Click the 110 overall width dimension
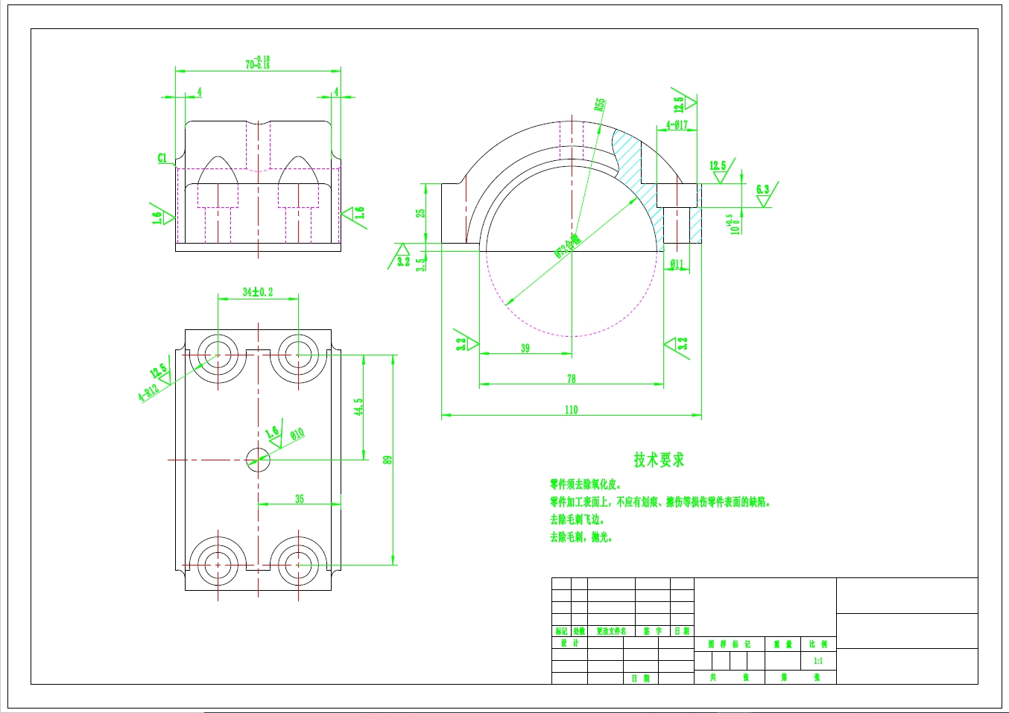571,409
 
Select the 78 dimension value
571,378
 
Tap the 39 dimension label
525,348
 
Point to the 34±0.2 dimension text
258,291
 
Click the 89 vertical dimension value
388,460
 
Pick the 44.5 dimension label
358,407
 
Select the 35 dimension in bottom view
299,498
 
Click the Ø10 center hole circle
258,460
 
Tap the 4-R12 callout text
148,391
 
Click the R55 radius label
600,105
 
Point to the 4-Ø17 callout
677,125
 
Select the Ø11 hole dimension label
677,264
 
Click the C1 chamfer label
162,158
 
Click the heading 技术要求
659,460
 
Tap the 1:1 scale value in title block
817,661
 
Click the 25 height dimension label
421,213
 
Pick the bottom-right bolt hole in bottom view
298,565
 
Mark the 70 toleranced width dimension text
258,63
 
